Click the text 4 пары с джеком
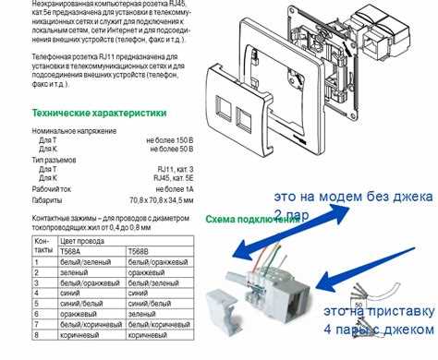[366, 329]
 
